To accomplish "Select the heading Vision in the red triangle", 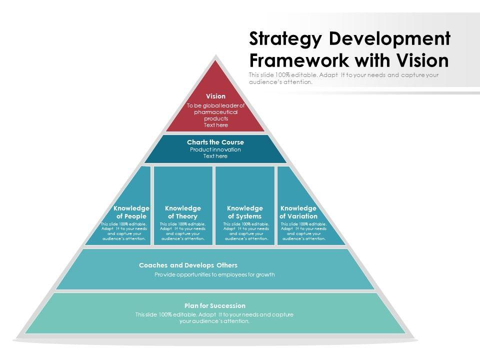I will pyautogui.click(x=216, y=96).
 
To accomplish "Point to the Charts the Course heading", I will pyautogui.click(x=215, y=142).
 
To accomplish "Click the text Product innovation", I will pyautogui.click(x=215, y=149).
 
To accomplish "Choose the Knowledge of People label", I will pyautogui.click(x=131, y=212).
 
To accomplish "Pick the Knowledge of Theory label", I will pyautogui.click(x=183, y=212).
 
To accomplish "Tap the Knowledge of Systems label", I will pyautogui.click(x=245, y=212).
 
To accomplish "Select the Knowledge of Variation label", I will pyautogui.click(x=298, y=212).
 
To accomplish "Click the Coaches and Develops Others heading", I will pyautogui.click(x=188, y=265).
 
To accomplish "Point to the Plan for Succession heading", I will pyautogui.click(x=215, y=305).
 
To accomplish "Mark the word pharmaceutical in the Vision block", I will pyautogui.click(x=216, y=112).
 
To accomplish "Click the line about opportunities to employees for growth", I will pyautogui.click(x=215, y=274).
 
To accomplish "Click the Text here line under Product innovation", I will pyautogui.click(x=215, y=156).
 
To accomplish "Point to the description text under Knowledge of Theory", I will pyautogui.click(x=183, y=231).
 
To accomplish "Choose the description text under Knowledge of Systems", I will pyautogui.click(x=246, y=231).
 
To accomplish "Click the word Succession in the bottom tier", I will pyautogui.click(x=228, y=305).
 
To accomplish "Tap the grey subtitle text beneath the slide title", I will pyautogui.click(x=343, y=78).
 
